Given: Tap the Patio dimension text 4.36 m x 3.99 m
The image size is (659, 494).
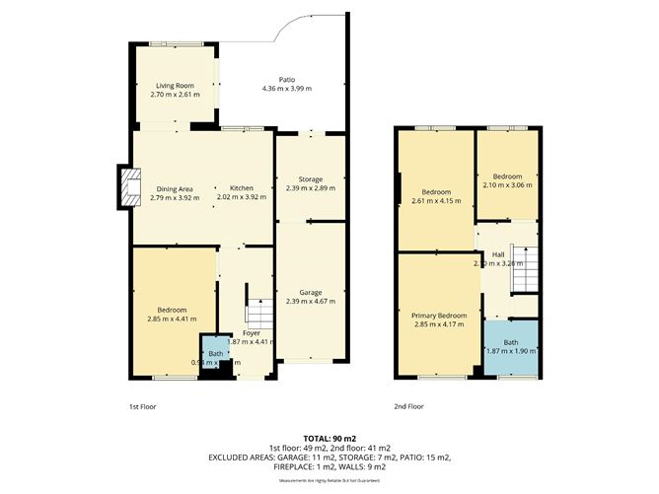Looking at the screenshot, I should (x=286, y=90).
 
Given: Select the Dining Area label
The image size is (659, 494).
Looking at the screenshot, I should (x=174, y=188).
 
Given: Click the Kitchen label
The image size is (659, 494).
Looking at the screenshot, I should (x=242, y=188).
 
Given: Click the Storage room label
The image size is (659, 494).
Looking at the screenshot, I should (x=311, y=179).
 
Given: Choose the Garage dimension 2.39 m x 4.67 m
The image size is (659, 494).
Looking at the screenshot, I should (x=311, y=302).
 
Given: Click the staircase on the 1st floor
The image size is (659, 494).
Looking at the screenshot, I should (x=257, y=315).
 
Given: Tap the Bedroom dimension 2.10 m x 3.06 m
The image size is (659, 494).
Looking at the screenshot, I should (x=508, y=184).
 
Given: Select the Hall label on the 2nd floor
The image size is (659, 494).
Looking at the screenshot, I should (x=498, y=254).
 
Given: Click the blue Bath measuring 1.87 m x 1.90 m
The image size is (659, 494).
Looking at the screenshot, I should (x=510, y=347).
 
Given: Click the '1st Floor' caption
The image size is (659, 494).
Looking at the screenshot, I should (x=142, y=406).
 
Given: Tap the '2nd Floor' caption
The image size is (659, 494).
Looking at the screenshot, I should (x=408, y=406).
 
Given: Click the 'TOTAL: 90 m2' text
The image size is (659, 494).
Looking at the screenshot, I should (x=329, y=437).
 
